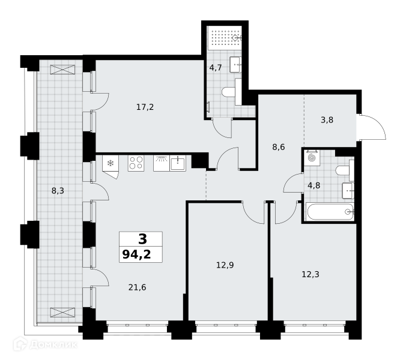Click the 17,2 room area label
pyautogui.click(x=145, y=107)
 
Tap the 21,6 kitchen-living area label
pyautogui.click(x=137, y=287)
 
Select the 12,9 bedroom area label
pyautogui.click(x=225, y=265)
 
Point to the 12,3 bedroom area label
pyautogui.click(x=311, y=274)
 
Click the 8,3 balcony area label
pyautogui.click(x=58, y=191)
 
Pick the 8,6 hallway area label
pyautogui.click(x=279, y=147)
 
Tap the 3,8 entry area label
pyautogui.click(x=327, y=120)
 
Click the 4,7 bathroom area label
pyautogui.click(x=216, y=68)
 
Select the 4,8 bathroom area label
pyautogui.click(x=314, y=185)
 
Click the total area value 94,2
pyautogui.click(x=136, y=254)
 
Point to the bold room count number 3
pyautogui.click(x=143, y=239)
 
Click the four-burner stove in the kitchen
pyautogui.click(x=136, y=163)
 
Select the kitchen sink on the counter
pyautogui.click(x=178, y=163)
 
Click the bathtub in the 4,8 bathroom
pyautogui.click(x=330, y=212)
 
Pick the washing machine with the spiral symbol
pyautogui.click(x=312, y=157)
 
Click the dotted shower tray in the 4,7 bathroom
pyautogui.click(x=225, y=38)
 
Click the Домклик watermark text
pyautogui.click(x=53, y=344)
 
